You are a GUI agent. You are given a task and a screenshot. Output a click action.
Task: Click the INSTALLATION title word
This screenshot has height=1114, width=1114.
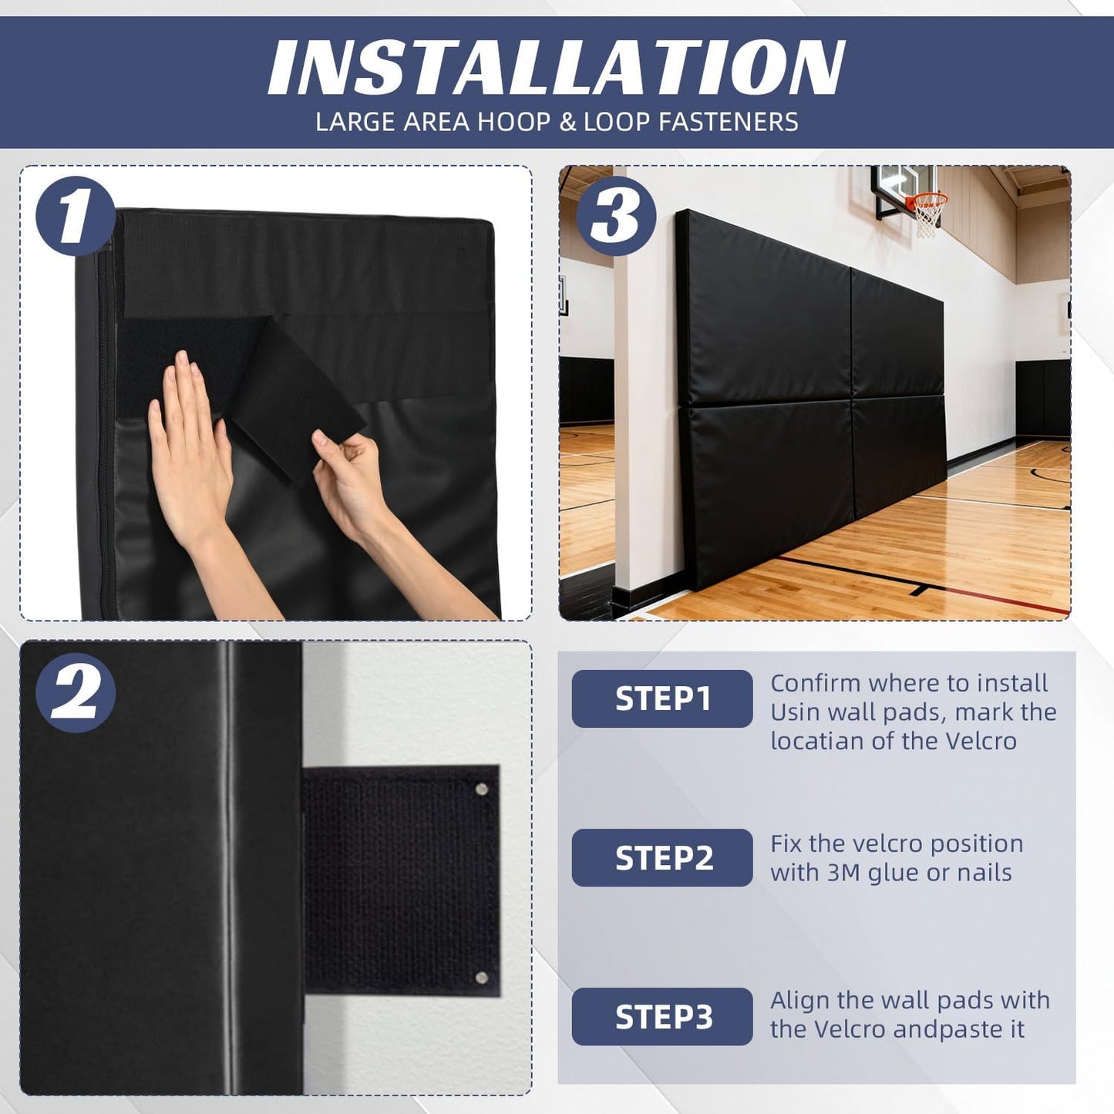(557, 68)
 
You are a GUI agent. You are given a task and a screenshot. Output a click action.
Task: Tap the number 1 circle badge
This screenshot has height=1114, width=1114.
(75, 216)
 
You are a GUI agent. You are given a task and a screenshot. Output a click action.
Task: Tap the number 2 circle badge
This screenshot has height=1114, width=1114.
(75, 692)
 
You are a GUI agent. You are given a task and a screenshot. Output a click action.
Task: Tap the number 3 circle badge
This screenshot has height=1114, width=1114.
(615, 216)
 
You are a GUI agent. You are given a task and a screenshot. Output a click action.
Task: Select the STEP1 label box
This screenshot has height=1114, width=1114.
(661, 698)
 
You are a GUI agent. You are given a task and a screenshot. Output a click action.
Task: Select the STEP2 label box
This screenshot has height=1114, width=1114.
(661, 857)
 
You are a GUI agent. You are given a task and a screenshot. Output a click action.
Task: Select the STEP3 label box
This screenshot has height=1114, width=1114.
(661, 1016)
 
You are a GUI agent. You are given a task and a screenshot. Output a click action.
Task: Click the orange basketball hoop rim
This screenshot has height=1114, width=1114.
(927, 200)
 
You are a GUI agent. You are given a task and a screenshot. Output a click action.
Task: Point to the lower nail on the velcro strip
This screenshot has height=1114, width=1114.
(482, 978)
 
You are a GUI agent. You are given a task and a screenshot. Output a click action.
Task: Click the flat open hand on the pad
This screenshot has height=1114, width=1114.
(189, 447)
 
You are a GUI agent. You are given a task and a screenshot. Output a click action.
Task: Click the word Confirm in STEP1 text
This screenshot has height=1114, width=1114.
(816, 683)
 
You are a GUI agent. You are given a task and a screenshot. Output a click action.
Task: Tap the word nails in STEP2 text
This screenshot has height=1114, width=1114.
(984, 873)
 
